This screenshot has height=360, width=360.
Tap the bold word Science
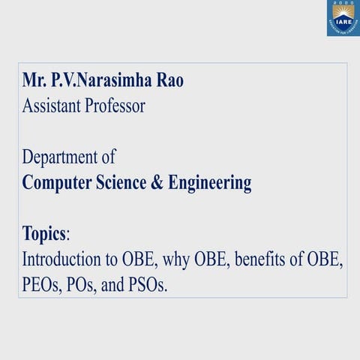pos(126,183)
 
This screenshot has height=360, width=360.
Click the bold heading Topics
pos(44,234)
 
